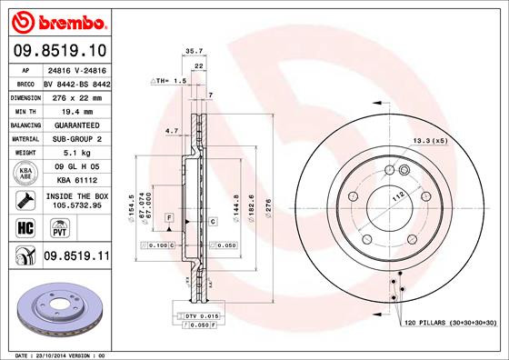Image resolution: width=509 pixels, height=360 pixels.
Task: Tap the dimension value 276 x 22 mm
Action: coord(75,95)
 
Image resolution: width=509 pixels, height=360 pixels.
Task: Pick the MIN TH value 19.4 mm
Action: coord(75,109)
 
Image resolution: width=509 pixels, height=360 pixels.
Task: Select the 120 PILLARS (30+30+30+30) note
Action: coord(452,323)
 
